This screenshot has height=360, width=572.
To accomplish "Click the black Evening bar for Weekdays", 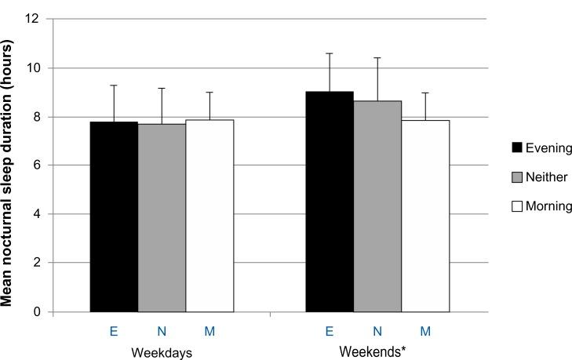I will point(114,216).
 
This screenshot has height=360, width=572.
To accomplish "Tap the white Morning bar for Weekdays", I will point(209,216).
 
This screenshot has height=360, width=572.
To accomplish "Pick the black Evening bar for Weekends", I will point(330,202).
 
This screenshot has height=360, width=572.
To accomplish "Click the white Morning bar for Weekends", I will point(425,216).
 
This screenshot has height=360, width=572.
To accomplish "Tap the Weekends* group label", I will point(373,351).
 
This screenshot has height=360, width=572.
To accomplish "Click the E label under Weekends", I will point(330,332).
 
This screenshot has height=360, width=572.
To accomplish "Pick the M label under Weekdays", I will point(209,332).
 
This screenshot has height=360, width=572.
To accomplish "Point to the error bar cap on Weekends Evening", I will point(330,53).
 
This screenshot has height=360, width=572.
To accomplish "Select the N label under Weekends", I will point(377,332).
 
